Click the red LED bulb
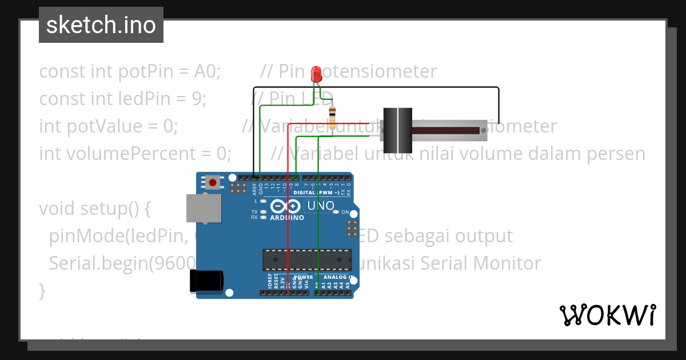[316, 74]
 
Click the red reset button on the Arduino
[213, 183]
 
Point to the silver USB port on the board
[204, 208]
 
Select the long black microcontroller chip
[307, 260]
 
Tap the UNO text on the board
[321, 206]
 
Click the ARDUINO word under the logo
[287, 218]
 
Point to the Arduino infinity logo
[286, 207]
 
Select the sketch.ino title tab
[101, 25]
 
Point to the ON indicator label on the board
[345, 213]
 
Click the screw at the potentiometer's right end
[484, 130]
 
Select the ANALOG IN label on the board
[340, 277]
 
